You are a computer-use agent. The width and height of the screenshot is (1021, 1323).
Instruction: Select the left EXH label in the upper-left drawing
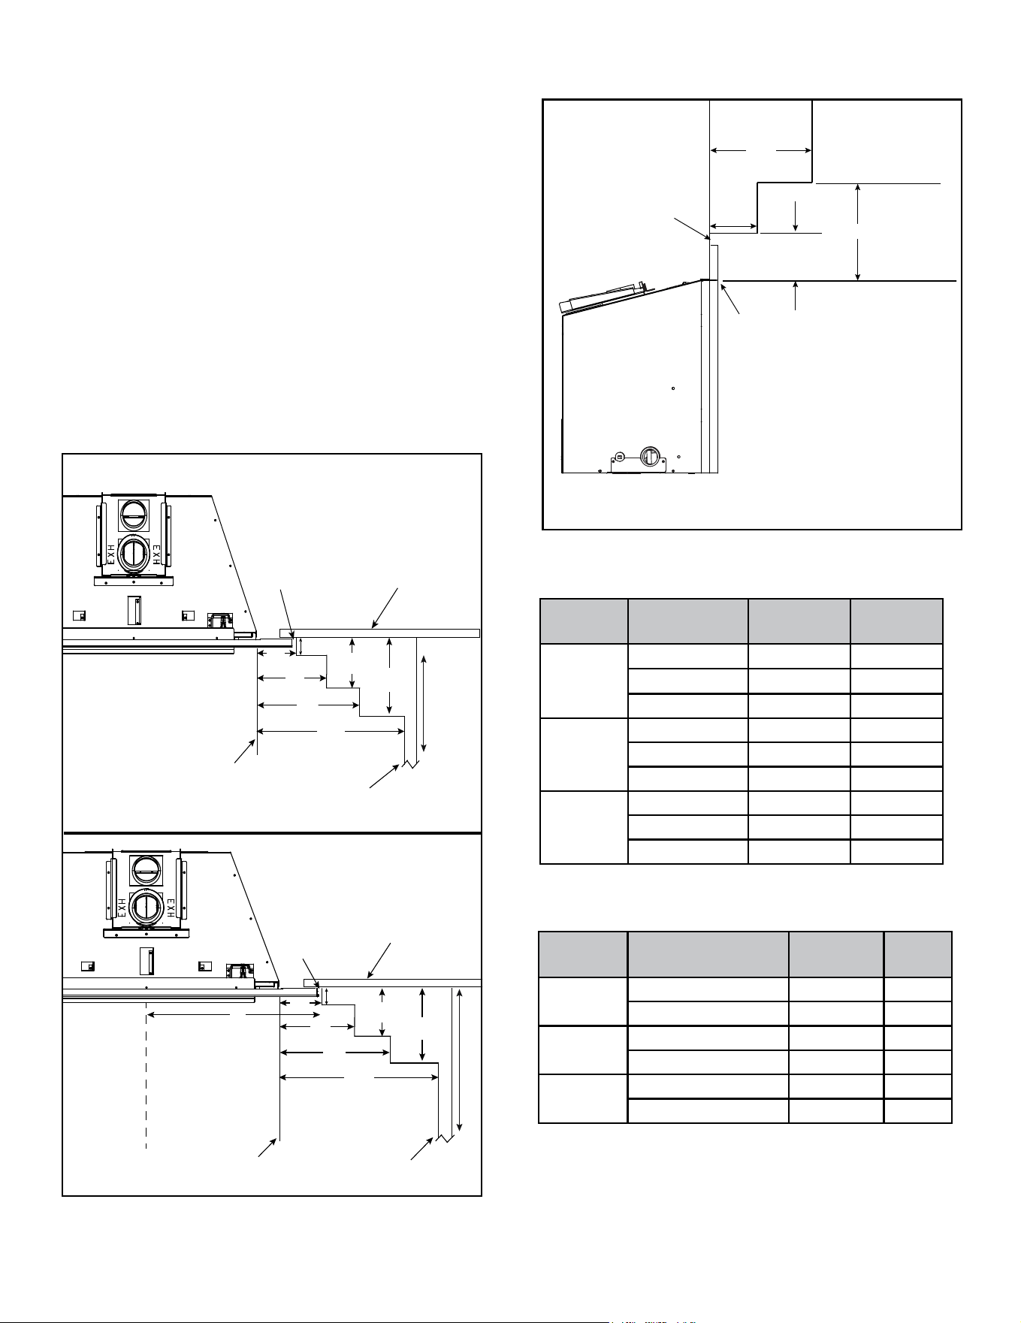[x=110, y=553]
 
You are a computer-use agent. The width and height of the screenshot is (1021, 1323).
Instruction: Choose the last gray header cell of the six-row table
[x=918, y=954]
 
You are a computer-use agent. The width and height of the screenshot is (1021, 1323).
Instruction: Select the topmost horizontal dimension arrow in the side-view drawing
[x=760, y=151]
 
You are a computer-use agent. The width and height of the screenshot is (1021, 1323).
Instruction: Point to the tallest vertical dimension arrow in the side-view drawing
[x=858, y=231]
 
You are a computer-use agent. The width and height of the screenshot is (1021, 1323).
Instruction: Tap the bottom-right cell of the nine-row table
[x=896, y=851]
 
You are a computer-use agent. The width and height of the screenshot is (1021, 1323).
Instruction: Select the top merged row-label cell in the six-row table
[x=583, y=1001]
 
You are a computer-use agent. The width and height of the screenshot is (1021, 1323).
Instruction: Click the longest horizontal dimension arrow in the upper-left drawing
[x=331, y=731]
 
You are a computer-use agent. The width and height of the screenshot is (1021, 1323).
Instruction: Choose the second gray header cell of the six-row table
[x=708, y=954]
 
